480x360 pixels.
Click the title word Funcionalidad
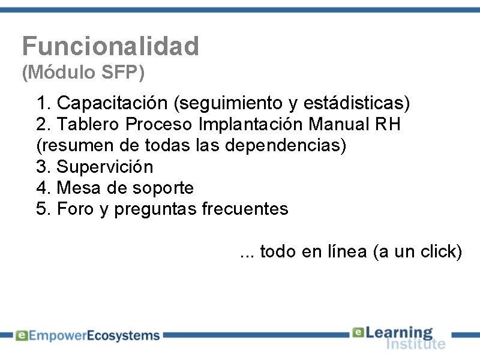click(110, 46)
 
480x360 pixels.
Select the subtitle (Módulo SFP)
click(83, 73)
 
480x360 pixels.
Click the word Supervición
click(104, 166)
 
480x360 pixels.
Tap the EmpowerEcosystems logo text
click(94, 336)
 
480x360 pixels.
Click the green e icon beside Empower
click(21, 336)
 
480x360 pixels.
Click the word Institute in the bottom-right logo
click(415, 344)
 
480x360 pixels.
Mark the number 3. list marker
click(44, 166)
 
